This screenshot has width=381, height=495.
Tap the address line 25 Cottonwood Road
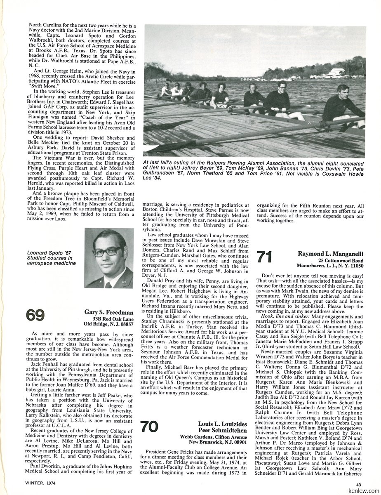pyautogui.click(x=340, y=261)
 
